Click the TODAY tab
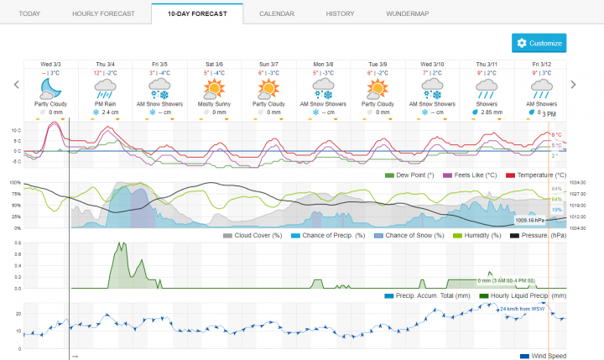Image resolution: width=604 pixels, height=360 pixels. (x=29, y=15)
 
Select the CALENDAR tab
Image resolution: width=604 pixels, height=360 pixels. (x=276, y=15)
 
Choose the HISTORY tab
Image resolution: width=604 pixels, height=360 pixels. (x=340, y=15)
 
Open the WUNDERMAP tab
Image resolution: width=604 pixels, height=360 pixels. (x=408, y=15)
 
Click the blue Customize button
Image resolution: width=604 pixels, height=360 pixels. (x=539, y=43)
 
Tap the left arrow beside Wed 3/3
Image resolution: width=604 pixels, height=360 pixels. (x=16, y=84)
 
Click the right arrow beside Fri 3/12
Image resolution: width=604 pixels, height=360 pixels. (x=574, y=84)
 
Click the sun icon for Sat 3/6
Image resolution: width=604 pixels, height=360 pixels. (x=216, y=88)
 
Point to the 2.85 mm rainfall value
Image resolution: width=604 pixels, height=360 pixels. (x=492, y=112)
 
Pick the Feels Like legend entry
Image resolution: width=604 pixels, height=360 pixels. (x=475, y=175)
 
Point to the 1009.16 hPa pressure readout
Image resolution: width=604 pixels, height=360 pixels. (x=529, y=220)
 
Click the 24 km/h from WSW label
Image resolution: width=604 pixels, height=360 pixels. (x=523, y=309)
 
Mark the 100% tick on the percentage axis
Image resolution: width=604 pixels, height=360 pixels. (x=13, y=182)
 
